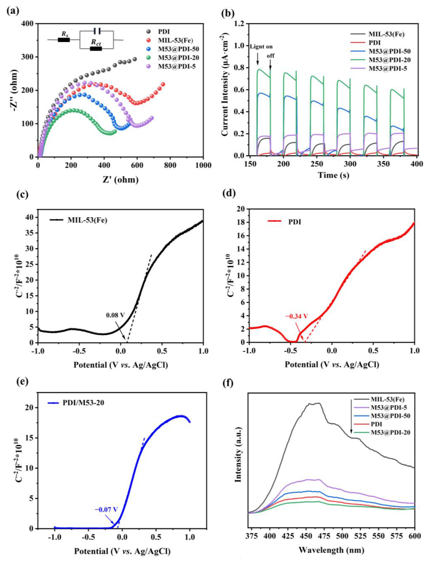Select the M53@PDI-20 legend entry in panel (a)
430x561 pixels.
coord(178,57)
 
